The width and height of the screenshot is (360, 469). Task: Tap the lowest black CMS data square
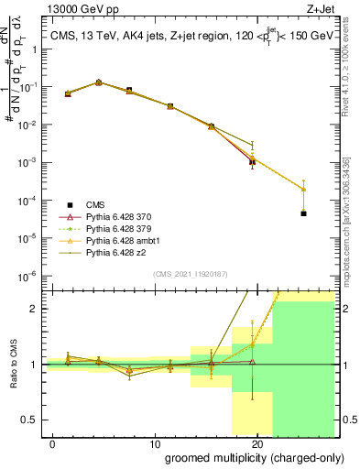tap(303, 213)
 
